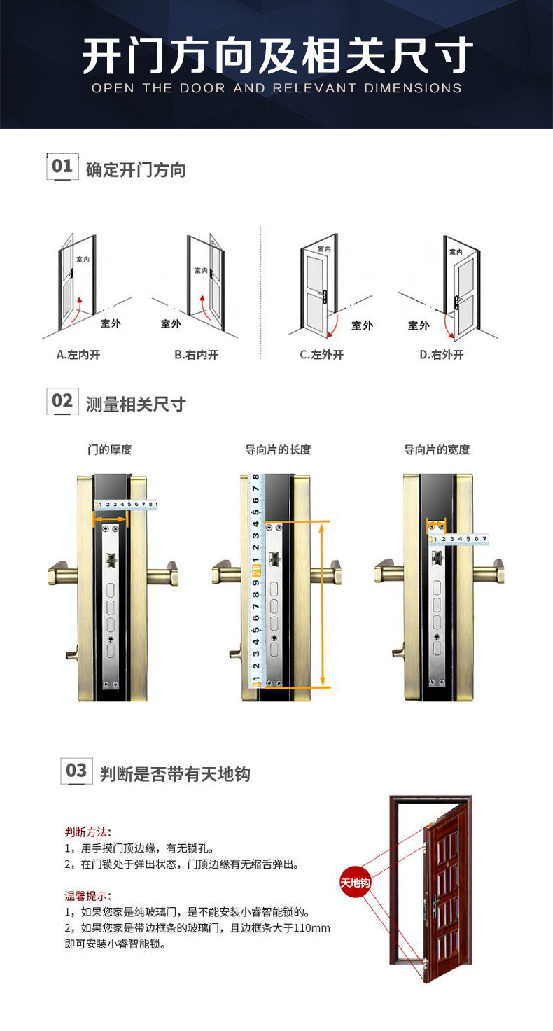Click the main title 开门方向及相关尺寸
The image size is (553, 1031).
(276, 56)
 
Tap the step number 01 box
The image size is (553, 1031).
(62, 167)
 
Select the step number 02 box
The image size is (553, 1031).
(62, 401)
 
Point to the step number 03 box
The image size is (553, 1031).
(76, 771)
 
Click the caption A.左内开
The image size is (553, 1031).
(78, 355)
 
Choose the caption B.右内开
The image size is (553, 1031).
(197, 355)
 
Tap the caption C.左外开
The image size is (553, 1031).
(322, 355)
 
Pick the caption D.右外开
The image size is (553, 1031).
(442, 355)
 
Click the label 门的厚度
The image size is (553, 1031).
(109, 449)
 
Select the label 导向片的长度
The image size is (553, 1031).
(278, 449)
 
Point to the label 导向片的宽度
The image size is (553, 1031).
(437, 449)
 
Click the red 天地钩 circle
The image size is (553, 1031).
(355, 883)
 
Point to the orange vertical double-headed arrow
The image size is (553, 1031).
(323, 604)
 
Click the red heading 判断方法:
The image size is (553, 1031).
(87, 832)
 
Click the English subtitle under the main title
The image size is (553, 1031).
(276, 89)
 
